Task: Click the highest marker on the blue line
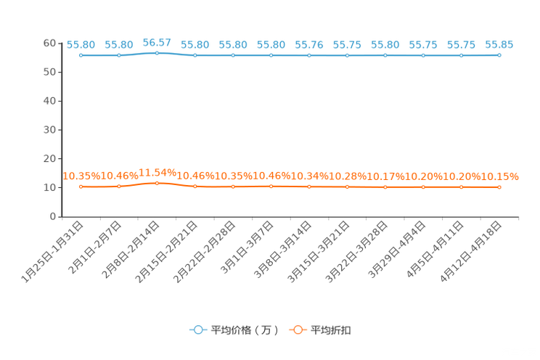pos(157,52)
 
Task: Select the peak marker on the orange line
pos(157,183)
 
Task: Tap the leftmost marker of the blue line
pos(81,55)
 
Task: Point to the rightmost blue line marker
pos(499,54)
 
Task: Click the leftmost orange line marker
pos(81,187)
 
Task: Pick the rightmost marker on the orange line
pos(499,188)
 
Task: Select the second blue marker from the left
pos(118,55)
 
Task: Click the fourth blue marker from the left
pos(195,55)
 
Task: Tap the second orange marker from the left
pos(118,187)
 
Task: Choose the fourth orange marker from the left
pos(195,187)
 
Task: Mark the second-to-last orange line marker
pos(461,188)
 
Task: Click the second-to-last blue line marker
pos(461,55)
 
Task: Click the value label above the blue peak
pos(157,41)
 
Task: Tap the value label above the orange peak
pos(157,172)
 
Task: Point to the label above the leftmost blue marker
pos(81,45)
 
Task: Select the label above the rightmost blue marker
pos(499,45)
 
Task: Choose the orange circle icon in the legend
pos(297,330)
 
